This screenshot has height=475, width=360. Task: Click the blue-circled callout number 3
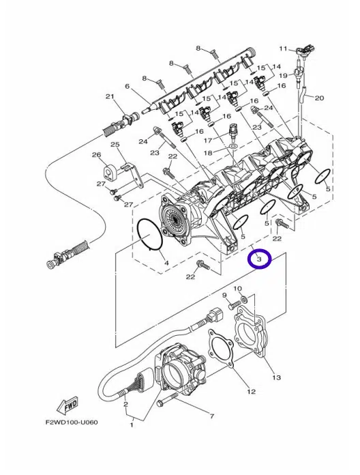(x=259, y=259)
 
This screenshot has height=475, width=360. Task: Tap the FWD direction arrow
(x=67, y=405)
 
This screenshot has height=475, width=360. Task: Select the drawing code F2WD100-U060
(x=72, y=422)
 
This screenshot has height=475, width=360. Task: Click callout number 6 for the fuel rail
(x=127, y=87)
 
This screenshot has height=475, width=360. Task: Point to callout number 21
(x=110, y=97)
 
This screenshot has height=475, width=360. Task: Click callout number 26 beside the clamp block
(x=97, y=155)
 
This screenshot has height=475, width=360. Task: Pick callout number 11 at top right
(x=282, y=48)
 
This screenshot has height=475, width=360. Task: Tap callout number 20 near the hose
(x=319, y=98)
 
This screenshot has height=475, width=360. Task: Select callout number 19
(x=282, y=75)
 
